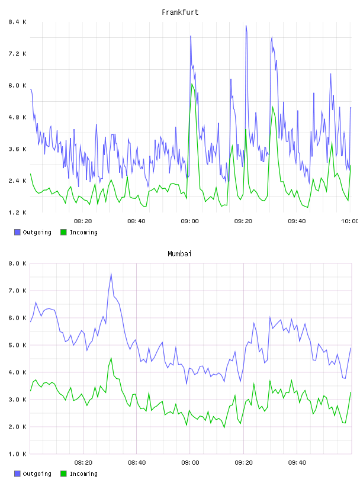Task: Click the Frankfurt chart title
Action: click(180, 12)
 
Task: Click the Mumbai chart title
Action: click(179, 254)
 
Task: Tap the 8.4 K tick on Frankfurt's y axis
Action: click(17, 22)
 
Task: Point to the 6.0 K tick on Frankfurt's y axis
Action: click(17, 85)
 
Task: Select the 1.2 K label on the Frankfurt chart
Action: click(17, 212)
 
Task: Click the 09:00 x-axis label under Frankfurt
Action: click(190, 221)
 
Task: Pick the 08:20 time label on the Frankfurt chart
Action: click(83, 221)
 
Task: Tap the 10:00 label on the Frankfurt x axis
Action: click(349, 221)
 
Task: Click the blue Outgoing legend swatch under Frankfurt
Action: click(17, 232)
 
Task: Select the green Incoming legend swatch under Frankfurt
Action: click(63, 232)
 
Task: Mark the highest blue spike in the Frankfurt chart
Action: click(246, 26)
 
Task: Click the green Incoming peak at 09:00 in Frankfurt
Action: click(192, 84)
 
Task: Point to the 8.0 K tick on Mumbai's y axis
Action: click(17, 263)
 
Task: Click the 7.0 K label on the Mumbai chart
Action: click(17, 291)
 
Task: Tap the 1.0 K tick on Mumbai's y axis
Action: click(17, 454)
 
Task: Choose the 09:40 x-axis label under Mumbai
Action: click(297, 462)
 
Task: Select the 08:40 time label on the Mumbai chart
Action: click(137, 462)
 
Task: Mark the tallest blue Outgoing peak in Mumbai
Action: click(111, 274)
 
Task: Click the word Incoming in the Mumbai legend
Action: click(83, 474)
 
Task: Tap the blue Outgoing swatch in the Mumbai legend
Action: click(17, 474)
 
